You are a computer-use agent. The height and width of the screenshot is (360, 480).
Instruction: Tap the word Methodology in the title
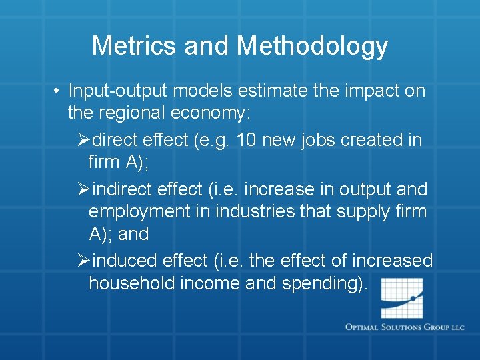click(312, 46)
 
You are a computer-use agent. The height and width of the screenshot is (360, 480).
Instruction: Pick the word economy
click(209, 113)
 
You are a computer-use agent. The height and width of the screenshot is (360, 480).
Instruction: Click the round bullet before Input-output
click(59, 91)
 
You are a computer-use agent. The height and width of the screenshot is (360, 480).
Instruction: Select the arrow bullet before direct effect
click(83, 141)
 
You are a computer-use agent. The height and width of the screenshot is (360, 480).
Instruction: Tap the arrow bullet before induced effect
click(83, 261)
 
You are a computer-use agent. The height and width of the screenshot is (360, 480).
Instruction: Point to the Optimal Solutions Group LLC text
click(405, 327)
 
